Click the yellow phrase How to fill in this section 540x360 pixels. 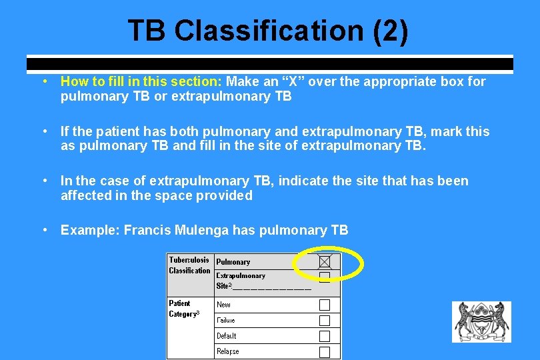coord(141,82)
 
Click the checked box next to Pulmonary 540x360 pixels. coord(325,262)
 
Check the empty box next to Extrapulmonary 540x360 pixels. coord(325,276)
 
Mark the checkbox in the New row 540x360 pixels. coord(325,305)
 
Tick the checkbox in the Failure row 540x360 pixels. coord(325,321)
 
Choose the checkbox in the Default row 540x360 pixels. coord(325,337)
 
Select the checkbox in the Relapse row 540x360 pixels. coord(325,352)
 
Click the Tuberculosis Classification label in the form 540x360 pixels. coord(189,265)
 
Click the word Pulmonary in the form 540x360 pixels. coord(233,262)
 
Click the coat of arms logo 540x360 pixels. coord(481,322)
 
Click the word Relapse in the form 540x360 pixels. coord(227,351)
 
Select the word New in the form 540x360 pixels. coord(223,305)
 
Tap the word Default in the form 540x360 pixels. coord(226,336)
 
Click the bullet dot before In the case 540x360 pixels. coord(43,181)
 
